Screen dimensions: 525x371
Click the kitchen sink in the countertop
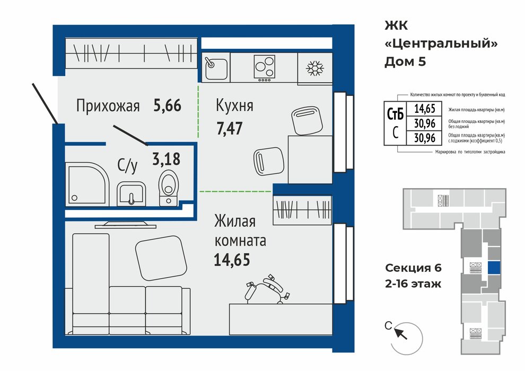[216, 68]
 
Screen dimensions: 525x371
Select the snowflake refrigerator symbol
[314, 68]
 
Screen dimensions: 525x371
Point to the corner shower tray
[87, 184]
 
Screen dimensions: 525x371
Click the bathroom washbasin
[132, 193]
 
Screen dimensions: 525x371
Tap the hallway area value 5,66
[168, 105]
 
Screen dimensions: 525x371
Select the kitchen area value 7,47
[229, 128]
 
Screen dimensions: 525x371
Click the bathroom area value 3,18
[166, 159]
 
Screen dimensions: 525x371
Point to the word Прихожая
[108, 105]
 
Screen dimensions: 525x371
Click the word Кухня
[234, 105]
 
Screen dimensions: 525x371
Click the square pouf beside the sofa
[161, 258]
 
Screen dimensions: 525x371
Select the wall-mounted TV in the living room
[125, 225]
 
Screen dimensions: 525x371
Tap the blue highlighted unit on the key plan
[494, 268]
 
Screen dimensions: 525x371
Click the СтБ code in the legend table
[395, 114]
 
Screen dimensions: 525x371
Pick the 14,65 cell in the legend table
[425, 109]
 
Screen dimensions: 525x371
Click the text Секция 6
[413, 268]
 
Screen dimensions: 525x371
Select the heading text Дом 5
[405, 62]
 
